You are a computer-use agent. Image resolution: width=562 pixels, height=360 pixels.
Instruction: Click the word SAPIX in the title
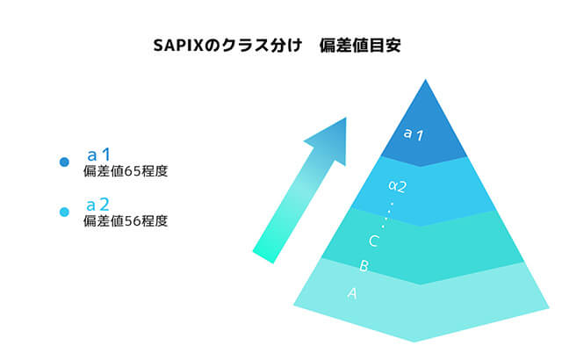tap(177, 45)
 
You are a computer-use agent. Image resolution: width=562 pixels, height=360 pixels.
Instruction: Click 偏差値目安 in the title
tap(362, 45)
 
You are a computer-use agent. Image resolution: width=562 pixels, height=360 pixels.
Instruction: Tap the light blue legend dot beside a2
tap(64, 212)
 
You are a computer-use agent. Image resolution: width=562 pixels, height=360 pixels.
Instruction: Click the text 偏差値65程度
tap(124, 172)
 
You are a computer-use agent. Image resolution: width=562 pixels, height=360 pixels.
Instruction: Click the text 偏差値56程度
tap(124, 221)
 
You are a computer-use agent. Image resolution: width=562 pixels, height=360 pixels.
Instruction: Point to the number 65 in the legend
tap(133, 172)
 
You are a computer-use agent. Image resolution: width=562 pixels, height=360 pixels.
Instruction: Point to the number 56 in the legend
tap(133, 221)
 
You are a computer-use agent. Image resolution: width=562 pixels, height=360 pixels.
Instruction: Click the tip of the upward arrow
tap(342, 119)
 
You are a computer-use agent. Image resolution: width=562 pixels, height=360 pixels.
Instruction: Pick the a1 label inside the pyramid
tap(414, 134)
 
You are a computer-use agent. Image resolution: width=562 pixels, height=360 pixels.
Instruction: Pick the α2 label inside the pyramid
tap(397, 186)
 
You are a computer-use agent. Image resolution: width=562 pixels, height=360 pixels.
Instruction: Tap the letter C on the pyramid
tap(373, 241)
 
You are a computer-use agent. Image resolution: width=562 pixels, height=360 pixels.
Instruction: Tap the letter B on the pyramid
tap(364, 265)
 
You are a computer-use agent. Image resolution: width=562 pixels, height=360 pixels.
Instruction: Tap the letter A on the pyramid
tap(353, 293)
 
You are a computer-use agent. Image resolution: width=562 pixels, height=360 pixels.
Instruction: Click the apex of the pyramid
tap(426, 82)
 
